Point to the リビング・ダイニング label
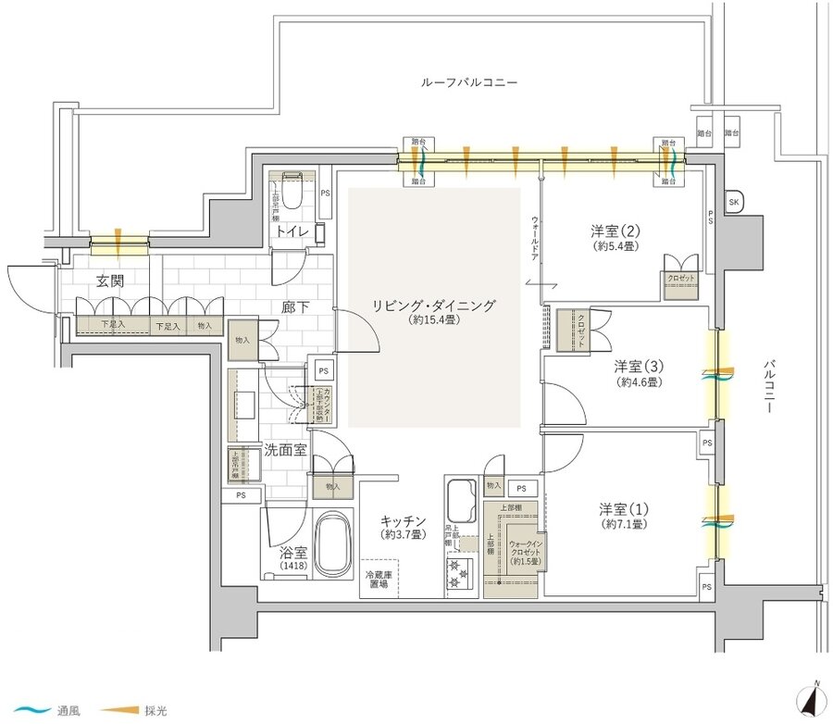coord(434,305)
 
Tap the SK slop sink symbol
coord(734,202)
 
